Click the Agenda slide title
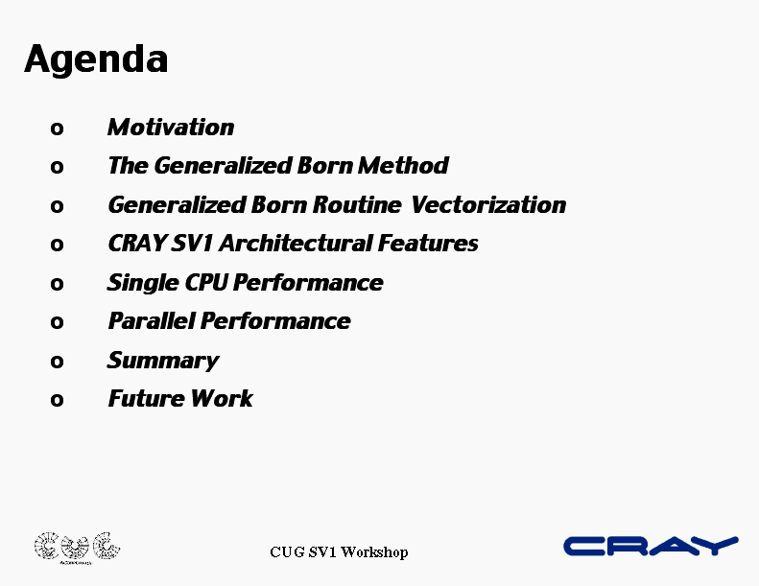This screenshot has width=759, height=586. pyautogui.click(x=96, y=60)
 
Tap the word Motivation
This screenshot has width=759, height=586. pyautogui.click(x=171, y=128)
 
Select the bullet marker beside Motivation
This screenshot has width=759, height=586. pyautogui.click(x=57, y=129)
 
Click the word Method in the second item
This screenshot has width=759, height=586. pyautogui.click(x=403, y=166)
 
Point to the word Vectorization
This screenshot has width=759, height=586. pyautogui.click(x=488, y=204)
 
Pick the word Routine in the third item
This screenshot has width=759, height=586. pyautogui.click(x=357, y=204)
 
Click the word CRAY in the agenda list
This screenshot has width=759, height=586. pyautogui.click(x=137, y=244)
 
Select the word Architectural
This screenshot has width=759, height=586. pyautogui.click(x=296, y=244)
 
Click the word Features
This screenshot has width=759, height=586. pyautogui.click(x=428, y=244)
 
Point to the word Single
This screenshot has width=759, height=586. pyautogui.click(x=143, y=284)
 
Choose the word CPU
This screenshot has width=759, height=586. pyautogui.click(x=205, y=283)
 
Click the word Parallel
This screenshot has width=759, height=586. pyautogui.click(x=152, y=321)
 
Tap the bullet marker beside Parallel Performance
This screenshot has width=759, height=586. pyautogui.click(x=57, y=322)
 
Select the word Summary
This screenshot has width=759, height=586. pyautogui.click(x=163, y=362)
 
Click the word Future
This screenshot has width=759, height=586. pyautogui.click(x=146, y=399)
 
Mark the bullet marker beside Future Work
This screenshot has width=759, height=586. pyautogui.click(x=57, y=400)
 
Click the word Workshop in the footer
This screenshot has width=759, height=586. pyautogui.click(x=374, y=552)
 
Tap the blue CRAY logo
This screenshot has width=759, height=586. pyautogui.click(x=651, y=547)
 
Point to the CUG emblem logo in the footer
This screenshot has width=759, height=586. pyautogui.click(x=77, y=549)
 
